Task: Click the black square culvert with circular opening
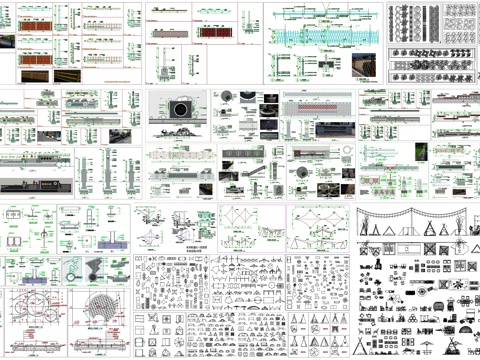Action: [x=182, y=108]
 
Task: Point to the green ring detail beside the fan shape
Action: [x=74, y=271]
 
